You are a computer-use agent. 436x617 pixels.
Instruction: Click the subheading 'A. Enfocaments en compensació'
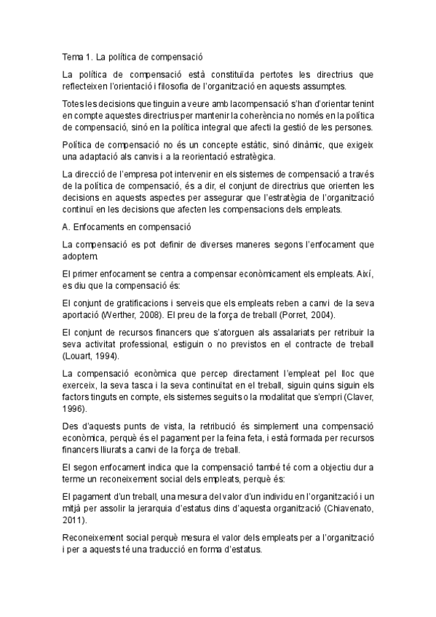tap(127, 226)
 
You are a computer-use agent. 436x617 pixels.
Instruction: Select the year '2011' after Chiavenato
tap(74, 521)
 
